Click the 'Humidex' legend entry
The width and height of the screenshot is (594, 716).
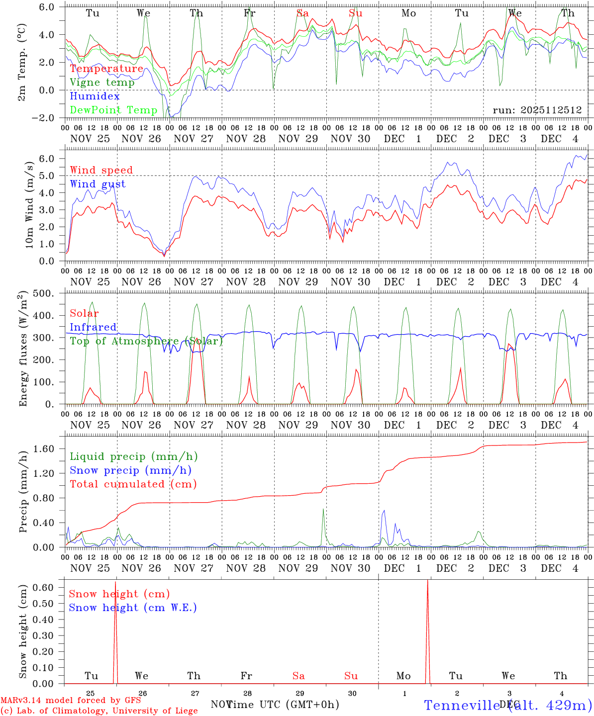(x=95, y=96)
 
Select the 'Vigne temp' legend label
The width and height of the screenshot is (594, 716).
(x=102, y=83)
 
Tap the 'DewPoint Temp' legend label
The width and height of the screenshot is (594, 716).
(x=113, y=110)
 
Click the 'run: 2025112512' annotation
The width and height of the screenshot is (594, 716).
(x=537, y=110)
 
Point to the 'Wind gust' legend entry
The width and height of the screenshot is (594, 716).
(x=98, y=184)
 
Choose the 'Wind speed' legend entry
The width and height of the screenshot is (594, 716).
(x=101, y=170)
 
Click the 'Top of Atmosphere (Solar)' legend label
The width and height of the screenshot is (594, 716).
(x=146, y=341)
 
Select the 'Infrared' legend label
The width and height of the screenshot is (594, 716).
(x=93, y=327)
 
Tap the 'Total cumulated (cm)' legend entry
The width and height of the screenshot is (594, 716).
(x=133, y=484)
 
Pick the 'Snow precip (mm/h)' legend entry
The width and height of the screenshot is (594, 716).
(x=130, y=470)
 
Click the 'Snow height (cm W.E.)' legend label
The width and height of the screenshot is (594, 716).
(x=132, y=608)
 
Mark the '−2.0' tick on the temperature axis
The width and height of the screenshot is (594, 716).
(x=49, y=118)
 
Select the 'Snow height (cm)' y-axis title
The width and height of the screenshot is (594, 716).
(x=23, y=631)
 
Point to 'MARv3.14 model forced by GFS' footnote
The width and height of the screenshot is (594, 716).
(x=71, y=701)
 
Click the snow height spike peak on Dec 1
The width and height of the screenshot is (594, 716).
(x=427, y=581)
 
